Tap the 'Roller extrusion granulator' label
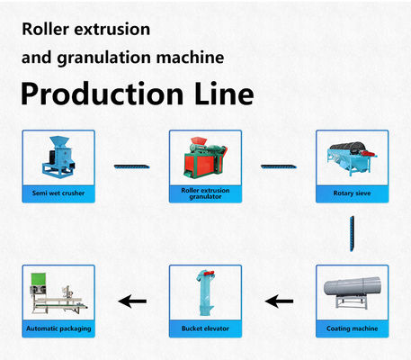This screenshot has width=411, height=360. tap(204, 193)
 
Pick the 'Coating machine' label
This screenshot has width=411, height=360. tap(351, 329)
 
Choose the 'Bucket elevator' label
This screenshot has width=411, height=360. tap(204, 329)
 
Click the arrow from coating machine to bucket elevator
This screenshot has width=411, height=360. tap(281, 301)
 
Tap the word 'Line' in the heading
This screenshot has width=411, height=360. tap(225, 93)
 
